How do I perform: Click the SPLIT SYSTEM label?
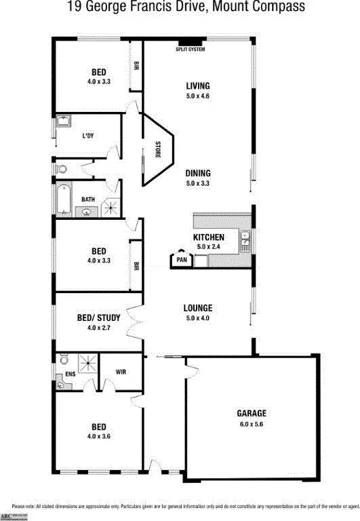coord(190,50)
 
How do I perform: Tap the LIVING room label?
coord(198,86)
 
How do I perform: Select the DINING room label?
coord(199,173)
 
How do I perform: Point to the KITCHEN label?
coord(209,237)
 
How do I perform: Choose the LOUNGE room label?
coord(198,308)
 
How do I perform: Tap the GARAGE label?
coord(252,412)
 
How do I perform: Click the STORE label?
coord(157,149)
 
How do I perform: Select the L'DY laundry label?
coord(88,136)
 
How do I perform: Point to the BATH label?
coord(88,199)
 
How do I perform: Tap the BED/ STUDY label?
coord(99,317)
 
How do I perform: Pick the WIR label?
coord(121,372)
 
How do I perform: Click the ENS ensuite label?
coord(69,374)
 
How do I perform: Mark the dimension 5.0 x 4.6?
coord(198,96)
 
